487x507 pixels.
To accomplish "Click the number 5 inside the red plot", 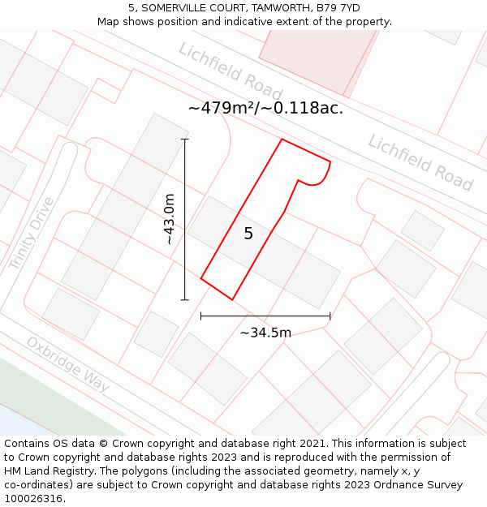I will point(248,234).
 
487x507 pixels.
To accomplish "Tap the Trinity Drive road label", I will point(31,234).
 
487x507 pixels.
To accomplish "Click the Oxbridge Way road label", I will point(67,364).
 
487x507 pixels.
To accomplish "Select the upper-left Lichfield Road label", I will point(231,71).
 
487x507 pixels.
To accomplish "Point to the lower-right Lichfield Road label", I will point(420,162).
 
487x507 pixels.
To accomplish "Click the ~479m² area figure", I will point(221,108).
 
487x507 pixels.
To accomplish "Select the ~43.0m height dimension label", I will point(169,219).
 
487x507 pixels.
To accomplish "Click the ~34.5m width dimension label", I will point(265,333).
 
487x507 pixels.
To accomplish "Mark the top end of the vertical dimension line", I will point(185,140).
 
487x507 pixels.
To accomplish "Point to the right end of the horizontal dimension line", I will point(330,316).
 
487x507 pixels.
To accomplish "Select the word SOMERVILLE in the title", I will point(173,8).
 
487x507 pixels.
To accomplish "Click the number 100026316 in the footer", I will point(32,499).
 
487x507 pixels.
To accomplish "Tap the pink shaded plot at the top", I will point(317,61).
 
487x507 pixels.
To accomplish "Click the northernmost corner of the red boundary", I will point(282,140).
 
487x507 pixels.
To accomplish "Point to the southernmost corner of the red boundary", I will point(232,300).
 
